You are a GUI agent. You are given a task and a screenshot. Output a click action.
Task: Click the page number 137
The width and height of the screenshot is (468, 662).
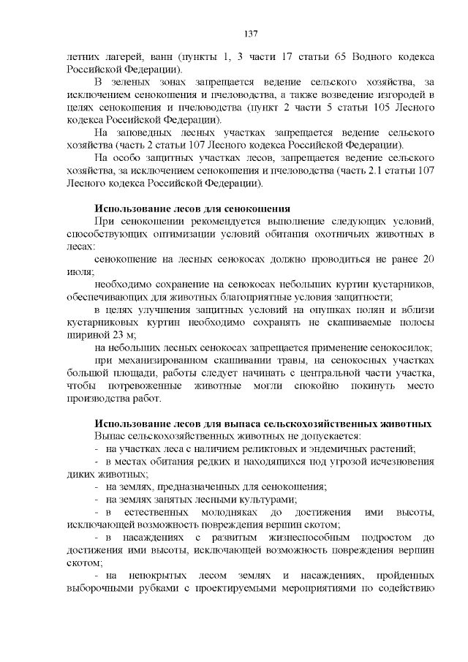(x=250, y=33)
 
